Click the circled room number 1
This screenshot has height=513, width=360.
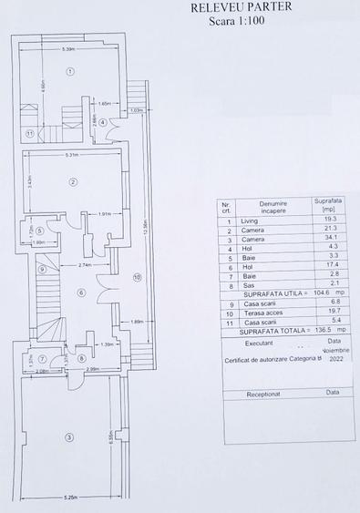(69, 70)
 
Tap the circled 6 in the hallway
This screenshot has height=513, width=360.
(81, 292)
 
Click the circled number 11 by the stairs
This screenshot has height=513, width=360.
(30, 134)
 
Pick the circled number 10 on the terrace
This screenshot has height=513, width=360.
(137, 278)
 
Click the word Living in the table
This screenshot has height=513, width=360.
(250, 221)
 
